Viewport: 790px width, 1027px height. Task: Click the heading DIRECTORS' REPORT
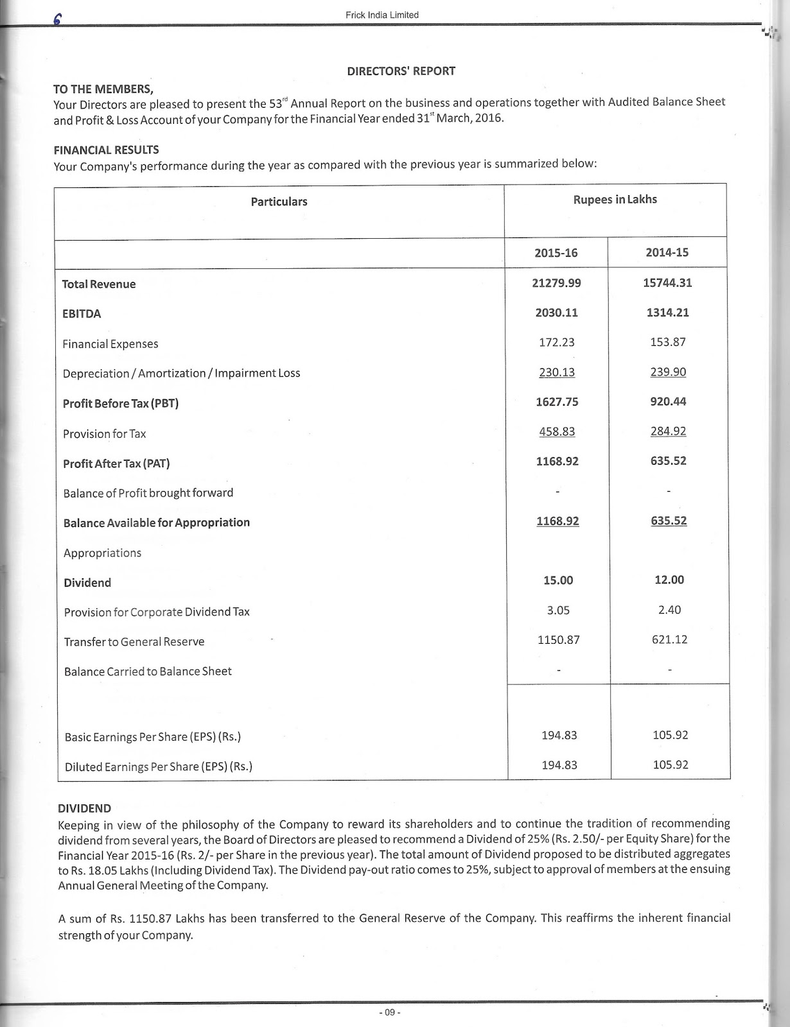(401, 71)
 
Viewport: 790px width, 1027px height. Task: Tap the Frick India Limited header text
(382, 15)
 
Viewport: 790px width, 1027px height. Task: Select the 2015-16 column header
(556, 253)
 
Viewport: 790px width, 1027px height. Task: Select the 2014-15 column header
(667, 252)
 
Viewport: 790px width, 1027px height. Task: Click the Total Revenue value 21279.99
(556, 283)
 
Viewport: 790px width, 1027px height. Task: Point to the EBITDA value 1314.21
(668, 313)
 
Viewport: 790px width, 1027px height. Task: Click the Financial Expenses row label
(110, 344)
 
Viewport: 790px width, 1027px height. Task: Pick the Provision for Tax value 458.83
(557, 431)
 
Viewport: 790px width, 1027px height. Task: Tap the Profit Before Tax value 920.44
(668, 402)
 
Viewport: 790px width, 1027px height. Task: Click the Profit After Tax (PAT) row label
(116, 463)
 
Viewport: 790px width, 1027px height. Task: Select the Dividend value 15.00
(557, 580)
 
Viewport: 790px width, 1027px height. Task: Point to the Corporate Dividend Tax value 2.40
(669, 610)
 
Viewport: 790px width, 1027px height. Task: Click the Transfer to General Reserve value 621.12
(669, 639)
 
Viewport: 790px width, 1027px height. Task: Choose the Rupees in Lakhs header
(615, 200)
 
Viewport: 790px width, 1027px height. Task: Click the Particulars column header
(279, 202)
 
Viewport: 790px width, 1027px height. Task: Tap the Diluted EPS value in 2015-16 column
(559, 764)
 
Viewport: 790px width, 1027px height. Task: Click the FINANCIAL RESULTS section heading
(106, 150)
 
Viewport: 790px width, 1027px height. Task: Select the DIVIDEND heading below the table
(84, 808)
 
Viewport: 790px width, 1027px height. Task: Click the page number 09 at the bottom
(389, 1012)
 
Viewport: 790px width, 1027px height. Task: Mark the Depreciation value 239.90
(668, 372)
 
